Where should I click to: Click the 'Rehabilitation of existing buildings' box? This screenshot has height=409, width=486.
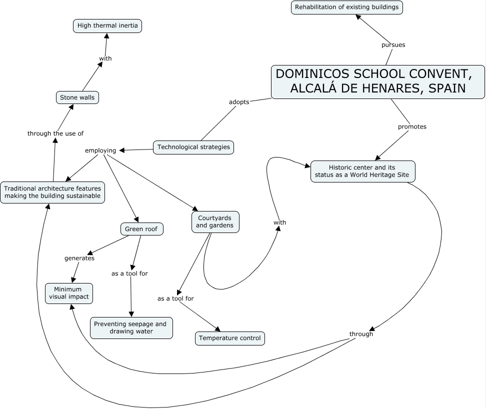[347, 7]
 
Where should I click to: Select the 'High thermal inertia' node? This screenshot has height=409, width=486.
[107, 25]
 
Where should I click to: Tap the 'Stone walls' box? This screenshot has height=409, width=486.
[77, 97]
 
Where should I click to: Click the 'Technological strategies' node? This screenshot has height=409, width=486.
[193, 147]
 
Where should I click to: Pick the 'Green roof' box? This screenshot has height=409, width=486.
[141, 229]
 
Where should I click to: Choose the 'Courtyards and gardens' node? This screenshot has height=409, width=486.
[215, 221]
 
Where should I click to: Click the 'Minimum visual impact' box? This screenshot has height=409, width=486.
[69, 293]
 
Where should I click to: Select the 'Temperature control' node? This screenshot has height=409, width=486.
[229, 338]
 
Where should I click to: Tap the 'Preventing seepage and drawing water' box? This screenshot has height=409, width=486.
[131, 327]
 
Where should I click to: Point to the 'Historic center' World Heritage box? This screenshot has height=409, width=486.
[362, 171]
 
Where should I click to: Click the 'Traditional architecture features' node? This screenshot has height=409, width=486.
[52, 192]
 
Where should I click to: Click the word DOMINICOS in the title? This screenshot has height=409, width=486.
[312, 74]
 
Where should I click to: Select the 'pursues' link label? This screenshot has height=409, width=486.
[393, 45]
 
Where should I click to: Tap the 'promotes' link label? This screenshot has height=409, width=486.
[412, 126]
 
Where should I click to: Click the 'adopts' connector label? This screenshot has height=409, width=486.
[239, 102]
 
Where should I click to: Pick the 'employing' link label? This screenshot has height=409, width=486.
[100, 150]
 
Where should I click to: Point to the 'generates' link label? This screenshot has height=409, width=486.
[79, 258]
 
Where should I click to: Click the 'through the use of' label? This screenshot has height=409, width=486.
[55, 133]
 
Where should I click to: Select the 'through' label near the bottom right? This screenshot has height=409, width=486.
[361, 334]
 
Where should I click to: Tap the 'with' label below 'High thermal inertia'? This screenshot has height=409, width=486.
[105, 58]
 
